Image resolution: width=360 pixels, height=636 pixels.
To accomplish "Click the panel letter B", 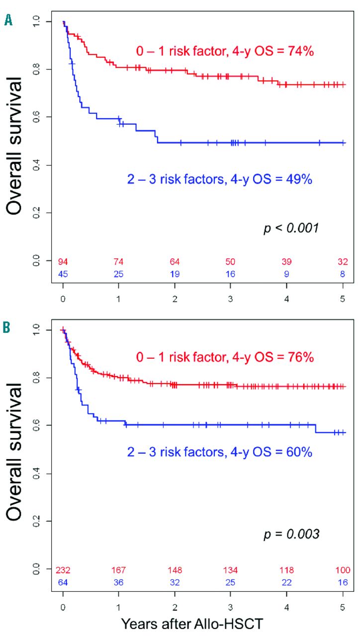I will click(8, 328).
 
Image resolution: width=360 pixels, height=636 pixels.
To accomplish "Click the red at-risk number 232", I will click(63, 570).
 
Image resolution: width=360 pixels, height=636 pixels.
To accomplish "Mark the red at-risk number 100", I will click(343, 570).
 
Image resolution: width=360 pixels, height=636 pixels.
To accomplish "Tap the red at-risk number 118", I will click(287, 570).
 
